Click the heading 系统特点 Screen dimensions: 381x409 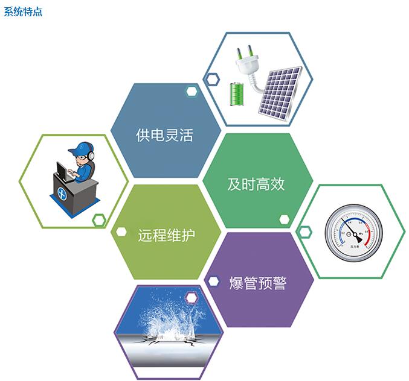coord(23,11)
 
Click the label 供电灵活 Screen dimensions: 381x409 coord(164,134)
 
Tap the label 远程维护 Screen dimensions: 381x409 coord(166,235)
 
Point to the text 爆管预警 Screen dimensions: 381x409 coord(258,283)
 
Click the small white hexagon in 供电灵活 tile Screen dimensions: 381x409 coord(192,92)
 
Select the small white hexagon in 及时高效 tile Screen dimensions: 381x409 coord(284,219)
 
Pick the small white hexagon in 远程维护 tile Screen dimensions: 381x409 coord(121,231)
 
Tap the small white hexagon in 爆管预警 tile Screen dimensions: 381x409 coord(213,281)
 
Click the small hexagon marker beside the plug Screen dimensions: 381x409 coord(211,78)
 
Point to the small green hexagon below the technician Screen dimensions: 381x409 coord(99,220)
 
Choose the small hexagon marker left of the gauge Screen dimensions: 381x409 coord(304,231)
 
